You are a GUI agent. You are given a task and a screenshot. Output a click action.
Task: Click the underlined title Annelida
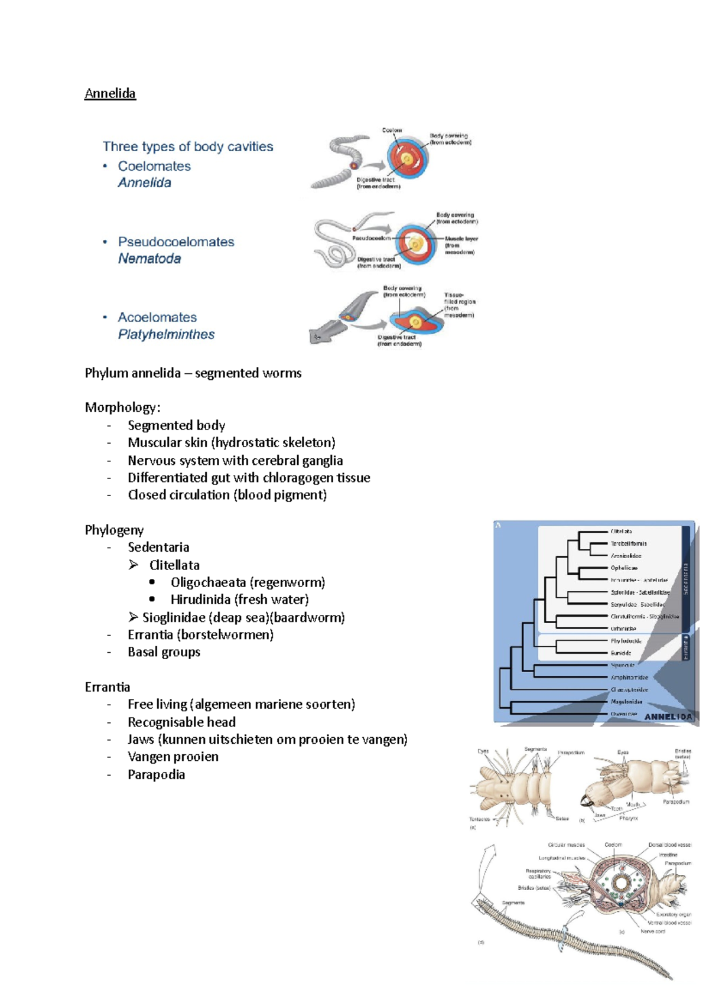[x=110, y=93]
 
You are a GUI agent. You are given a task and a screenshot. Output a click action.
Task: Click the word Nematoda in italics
[x=149, y=259]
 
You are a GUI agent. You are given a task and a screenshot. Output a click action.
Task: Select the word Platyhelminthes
[x=166, y=334]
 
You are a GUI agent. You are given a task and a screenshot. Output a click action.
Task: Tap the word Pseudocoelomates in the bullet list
[x=176, y=242]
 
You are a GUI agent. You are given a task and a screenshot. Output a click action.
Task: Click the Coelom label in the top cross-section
[x=391, y=130]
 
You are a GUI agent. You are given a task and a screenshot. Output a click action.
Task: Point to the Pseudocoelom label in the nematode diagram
[x=371, y=238]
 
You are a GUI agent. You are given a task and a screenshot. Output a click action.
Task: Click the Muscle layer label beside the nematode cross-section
[x=461, y=239]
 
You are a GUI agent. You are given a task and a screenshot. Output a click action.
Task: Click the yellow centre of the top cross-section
[x=407, y=160]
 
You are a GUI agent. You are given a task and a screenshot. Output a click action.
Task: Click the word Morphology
[x=121, y=407]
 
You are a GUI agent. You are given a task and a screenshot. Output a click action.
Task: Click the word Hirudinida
[x=200, y=600]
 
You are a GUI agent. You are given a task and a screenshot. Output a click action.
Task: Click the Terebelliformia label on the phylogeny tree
[x=628, y=543]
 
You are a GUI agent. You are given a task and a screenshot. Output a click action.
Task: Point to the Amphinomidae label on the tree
[x=629, y=678]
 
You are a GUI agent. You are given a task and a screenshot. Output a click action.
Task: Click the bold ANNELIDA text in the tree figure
[x=668, y=717]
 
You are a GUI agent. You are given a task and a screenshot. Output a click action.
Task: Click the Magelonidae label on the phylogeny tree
[x=626, y=702]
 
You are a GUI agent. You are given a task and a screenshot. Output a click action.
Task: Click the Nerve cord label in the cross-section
[x=652, y=932]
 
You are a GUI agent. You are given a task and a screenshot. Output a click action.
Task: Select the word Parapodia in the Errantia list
[x=156, y=774]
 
